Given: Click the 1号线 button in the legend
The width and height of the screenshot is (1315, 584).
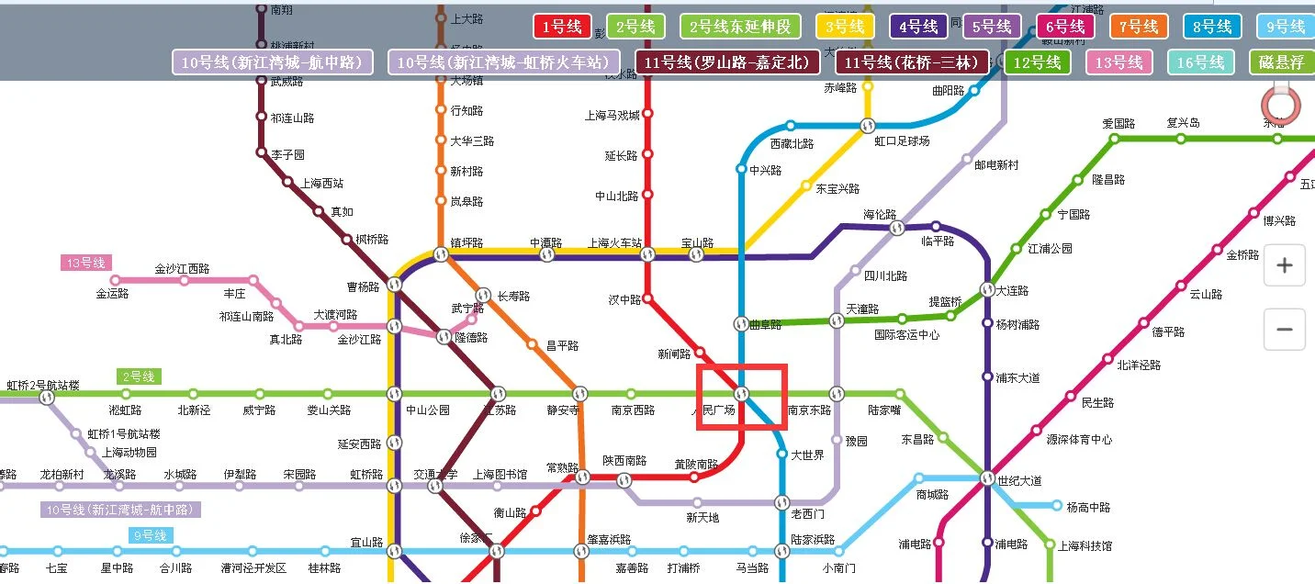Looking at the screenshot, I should [x=562, y=27].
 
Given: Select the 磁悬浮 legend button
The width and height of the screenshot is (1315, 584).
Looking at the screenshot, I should [x=1282, y=62].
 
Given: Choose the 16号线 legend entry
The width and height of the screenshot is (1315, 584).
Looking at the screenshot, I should [x=1202, y=62].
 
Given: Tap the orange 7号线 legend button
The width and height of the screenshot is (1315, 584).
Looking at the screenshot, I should [x=1138, y=27].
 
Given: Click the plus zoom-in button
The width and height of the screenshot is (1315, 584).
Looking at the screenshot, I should [x=1284, y=266].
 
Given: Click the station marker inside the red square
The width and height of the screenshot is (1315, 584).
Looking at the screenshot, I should [x=741, y=394].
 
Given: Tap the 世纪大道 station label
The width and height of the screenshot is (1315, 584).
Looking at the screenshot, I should [x=1021, y=479].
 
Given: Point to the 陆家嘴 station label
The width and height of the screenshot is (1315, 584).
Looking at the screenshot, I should [x=884, y=410].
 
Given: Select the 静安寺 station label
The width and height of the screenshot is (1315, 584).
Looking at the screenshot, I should [x=562, y=410].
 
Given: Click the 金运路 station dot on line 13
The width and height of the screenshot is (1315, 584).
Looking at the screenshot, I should [x=115, y=280].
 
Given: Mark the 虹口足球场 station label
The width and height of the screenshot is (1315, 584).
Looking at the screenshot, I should [x=902, y=141].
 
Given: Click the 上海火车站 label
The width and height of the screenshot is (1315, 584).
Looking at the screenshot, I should [x=614, y=243].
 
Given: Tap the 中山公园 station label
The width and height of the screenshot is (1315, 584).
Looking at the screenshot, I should [x=428, y=410].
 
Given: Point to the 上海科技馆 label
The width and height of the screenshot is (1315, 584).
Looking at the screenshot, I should [x=1085, y=545].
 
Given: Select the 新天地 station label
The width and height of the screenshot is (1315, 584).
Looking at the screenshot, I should [x=702, y=518].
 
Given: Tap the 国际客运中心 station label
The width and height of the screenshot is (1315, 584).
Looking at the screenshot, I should [x=906, y=335].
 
